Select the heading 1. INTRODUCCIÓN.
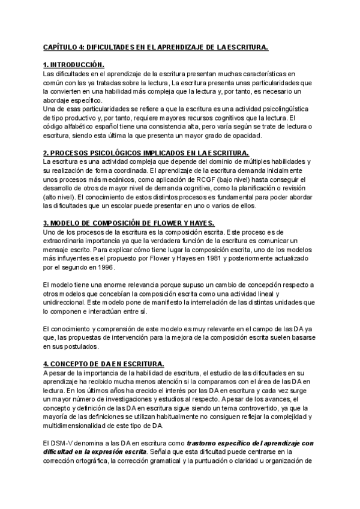(x=73, y=64)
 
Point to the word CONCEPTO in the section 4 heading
(x=73, y=364)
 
